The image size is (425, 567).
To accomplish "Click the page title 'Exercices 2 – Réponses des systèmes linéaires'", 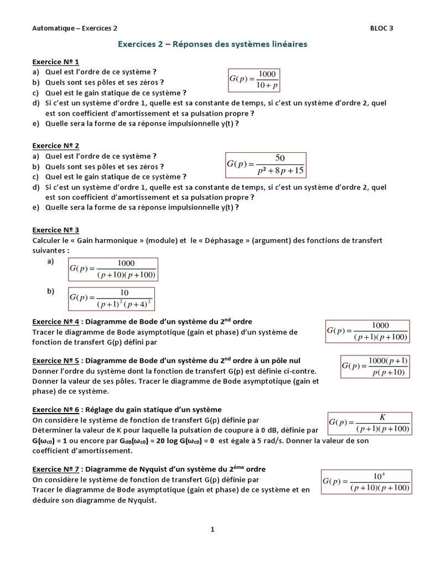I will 212,44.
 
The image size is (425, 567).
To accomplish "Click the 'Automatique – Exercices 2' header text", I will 75,28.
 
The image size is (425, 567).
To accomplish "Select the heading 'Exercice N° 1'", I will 55,62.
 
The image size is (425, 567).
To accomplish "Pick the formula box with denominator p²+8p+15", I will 266,164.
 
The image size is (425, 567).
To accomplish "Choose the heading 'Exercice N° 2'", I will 55,146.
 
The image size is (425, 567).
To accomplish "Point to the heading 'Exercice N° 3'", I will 55,230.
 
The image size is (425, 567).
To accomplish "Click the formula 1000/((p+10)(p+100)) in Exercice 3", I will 113,269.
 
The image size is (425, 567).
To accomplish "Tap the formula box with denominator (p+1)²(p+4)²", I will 111,298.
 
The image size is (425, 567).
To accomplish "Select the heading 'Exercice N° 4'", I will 55,322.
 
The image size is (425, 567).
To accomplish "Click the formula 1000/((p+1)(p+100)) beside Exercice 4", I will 367,331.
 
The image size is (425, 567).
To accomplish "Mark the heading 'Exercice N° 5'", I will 55,360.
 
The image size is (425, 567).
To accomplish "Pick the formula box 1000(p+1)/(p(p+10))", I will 375,367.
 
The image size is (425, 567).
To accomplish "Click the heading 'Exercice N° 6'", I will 55,409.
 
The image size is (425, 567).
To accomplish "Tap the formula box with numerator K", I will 370,423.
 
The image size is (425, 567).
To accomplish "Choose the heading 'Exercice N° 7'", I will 55,469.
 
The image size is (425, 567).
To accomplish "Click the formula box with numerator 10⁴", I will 366,482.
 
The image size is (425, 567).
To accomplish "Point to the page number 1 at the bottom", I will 212,529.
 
